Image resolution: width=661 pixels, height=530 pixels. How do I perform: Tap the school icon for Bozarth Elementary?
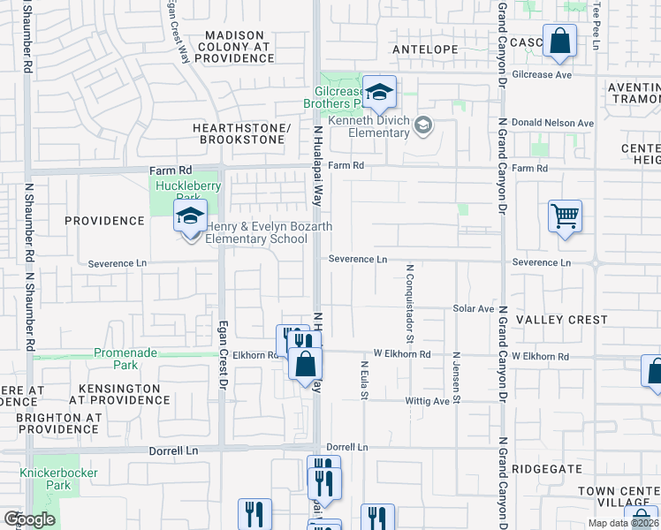pyautogui.click(x=190, y=217)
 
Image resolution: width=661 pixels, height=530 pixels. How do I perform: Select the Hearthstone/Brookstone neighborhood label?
pyautogui.click(x=241, y=133)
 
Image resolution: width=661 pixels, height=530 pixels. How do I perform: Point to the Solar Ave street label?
pyautogui.click(x=474, y=308)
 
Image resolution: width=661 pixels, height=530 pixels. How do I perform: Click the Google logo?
pyautogui.click(x=29, y=519)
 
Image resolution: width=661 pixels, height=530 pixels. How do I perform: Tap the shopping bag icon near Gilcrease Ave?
pyautogui.click(x=559, y=42)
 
